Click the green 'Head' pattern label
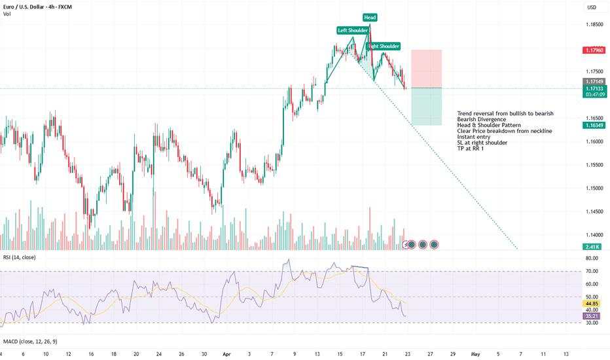pyautogui.click(x=370, y=17)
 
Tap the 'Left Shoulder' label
pyautogui.click(x=352, y=30)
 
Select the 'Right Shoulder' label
pyautogui.click(x=384, y=46)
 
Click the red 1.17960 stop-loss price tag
pyautogui.click(x=592, y=49)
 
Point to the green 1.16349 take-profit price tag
pyautogui.click(x=592, y=125)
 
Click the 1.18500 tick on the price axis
pyautogui.click(x=592, y=24)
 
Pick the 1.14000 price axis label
pyautogui.click(x=592, y=234)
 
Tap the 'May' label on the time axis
pyautogui.click(x=476, y=353)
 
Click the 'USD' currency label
pyautogui.click(x=592, y=8)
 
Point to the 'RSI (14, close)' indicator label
pyautogui.click(x=19, y=257)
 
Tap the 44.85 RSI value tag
pyautogui.click(x=592, y=304)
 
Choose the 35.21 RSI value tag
pyautogui.click(x=592, y=315)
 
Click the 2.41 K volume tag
pyautogui.click(x=592, y=245)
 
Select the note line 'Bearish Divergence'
pyautogui.click(x=482, y=119)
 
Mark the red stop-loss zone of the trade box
pyautogui.click(x=426, y=68)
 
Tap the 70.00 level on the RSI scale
pyautogui.click(x=592, y=270)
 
